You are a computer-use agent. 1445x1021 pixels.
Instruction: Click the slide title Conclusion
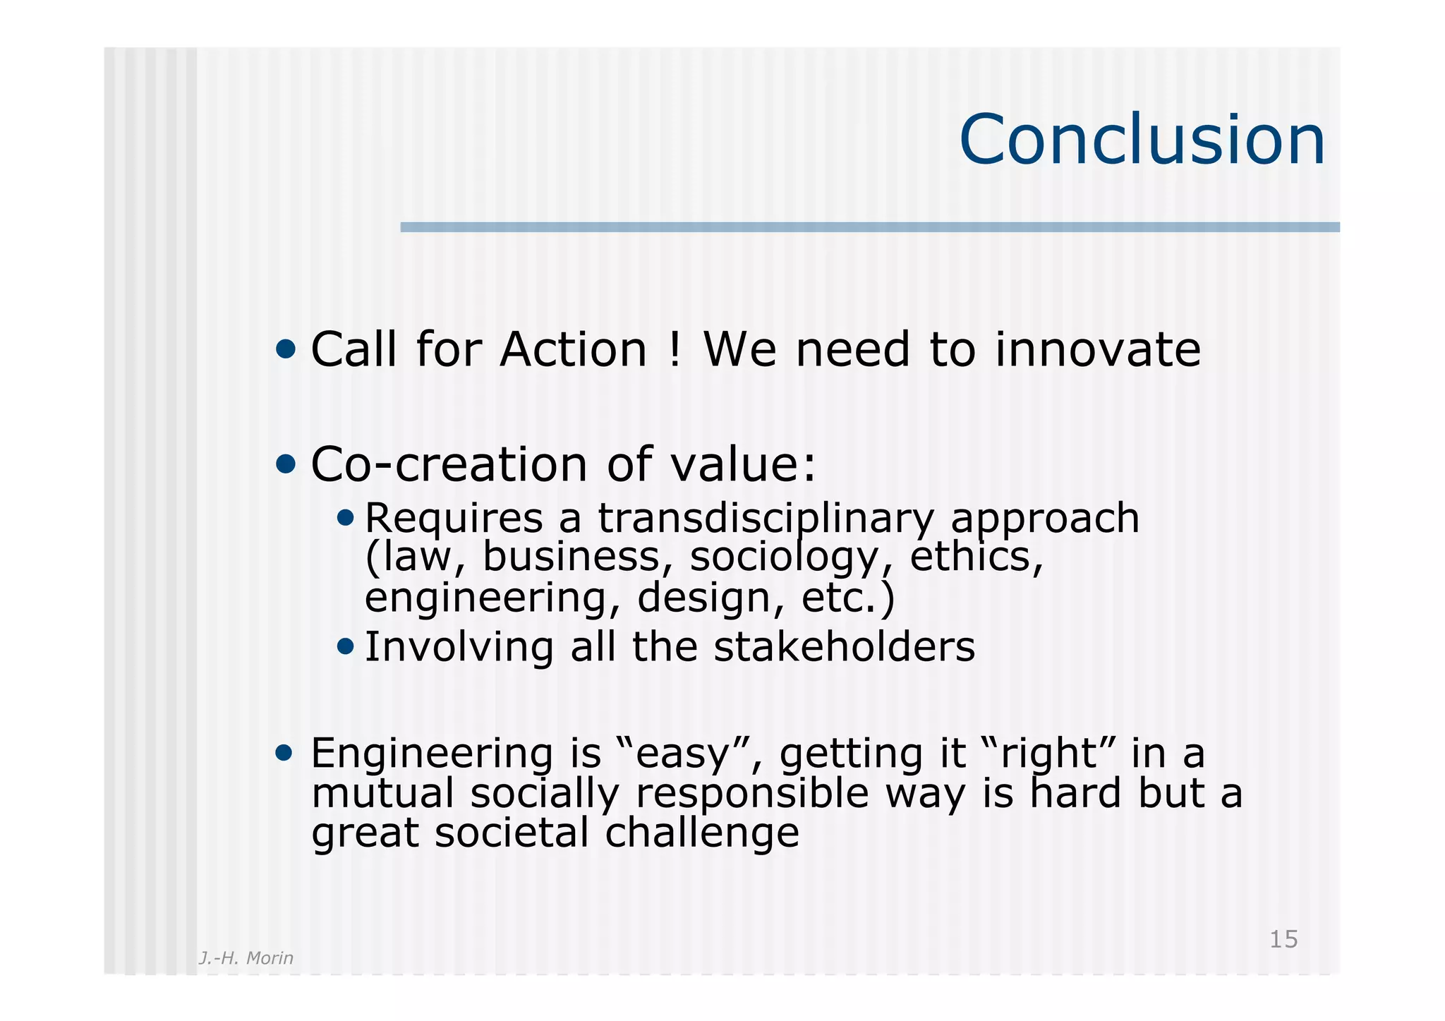1142,140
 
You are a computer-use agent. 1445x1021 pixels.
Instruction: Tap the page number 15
1283,939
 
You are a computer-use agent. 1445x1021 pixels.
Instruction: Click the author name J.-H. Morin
246,957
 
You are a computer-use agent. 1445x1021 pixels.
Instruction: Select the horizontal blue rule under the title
869,227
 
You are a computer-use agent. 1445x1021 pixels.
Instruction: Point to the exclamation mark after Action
674,350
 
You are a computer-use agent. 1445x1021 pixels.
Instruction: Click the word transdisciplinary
766,519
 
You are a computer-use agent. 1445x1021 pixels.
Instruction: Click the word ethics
976,557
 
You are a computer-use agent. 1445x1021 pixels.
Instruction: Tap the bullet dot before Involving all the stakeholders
345,646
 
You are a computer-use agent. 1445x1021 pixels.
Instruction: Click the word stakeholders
844,647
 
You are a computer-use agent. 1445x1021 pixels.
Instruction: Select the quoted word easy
682,755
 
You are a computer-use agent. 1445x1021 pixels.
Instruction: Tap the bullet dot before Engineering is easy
284,753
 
